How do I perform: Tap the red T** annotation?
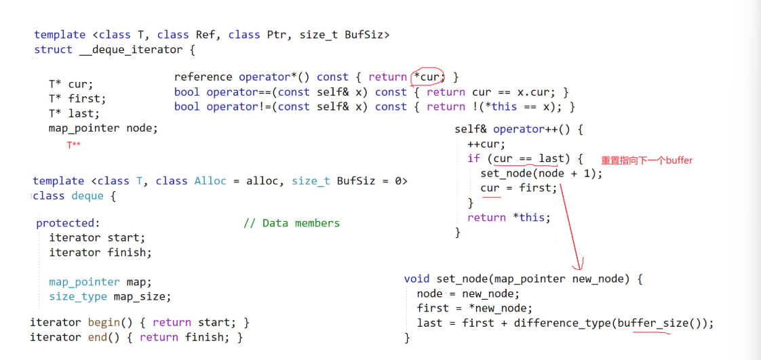[73, 144]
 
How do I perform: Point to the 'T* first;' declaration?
[77, 99]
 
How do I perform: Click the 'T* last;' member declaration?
[74, 113]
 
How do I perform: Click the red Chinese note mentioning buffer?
[646, 161]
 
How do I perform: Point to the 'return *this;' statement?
[509, 218]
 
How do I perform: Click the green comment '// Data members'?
[291, 223]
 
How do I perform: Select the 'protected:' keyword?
[68, 223]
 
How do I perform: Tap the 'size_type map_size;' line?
[110, 296]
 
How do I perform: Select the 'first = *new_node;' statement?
[469, 308]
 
